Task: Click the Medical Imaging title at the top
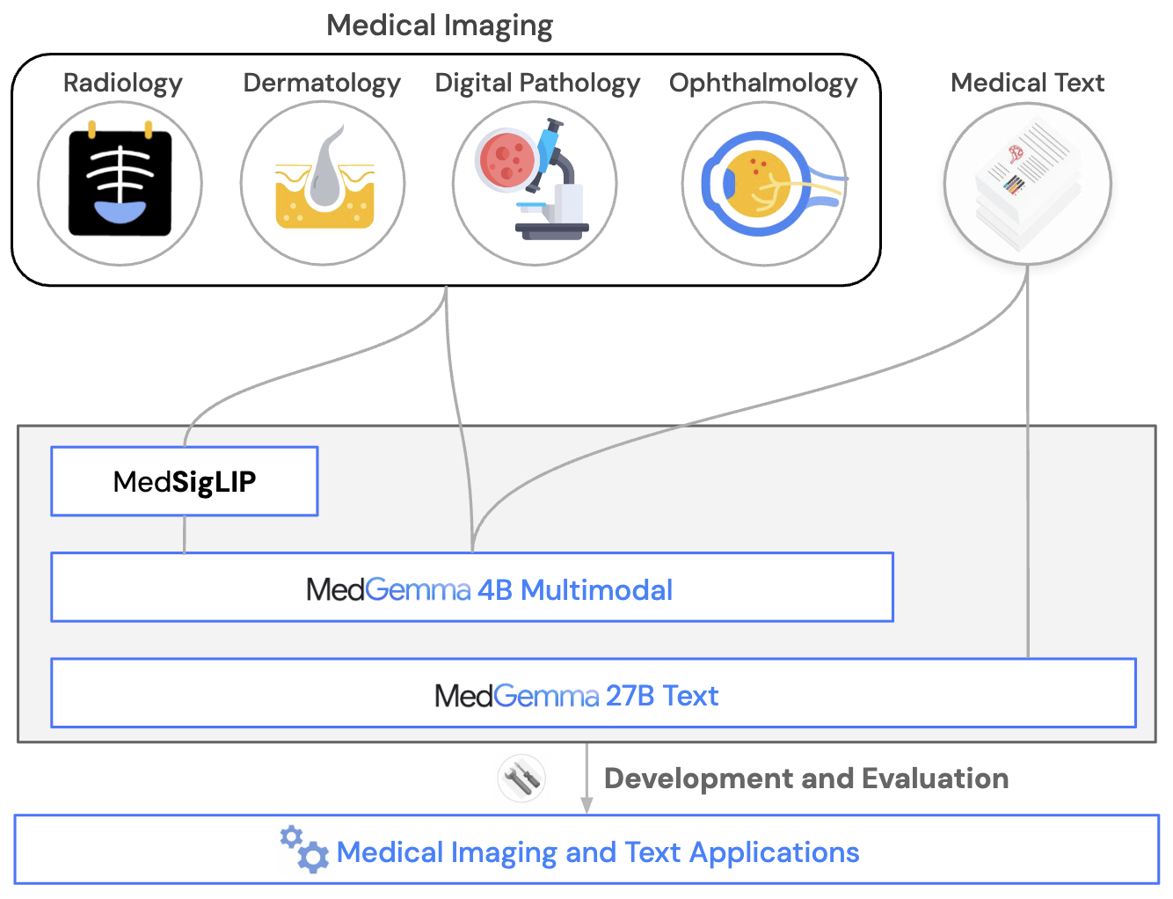(440, 26)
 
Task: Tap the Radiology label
(122, 84)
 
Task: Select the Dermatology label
(322, 84)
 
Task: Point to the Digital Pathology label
(537, 84)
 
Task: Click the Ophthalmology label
(763, 84)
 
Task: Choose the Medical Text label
(1027, 83)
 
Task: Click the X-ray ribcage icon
(120, 179)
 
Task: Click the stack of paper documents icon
(1027, 184)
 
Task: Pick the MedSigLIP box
(185, 481)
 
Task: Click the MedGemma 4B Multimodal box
(472, 587)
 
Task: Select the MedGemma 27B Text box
(594, 693)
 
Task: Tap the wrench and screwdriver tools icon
(521, 778)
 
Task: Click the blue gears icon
(304, 849)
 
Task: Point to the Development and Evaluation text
(806, 778)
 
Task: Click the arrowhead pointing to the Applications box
(586, 806)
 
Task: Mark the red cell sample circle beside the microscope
(507, 158)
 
